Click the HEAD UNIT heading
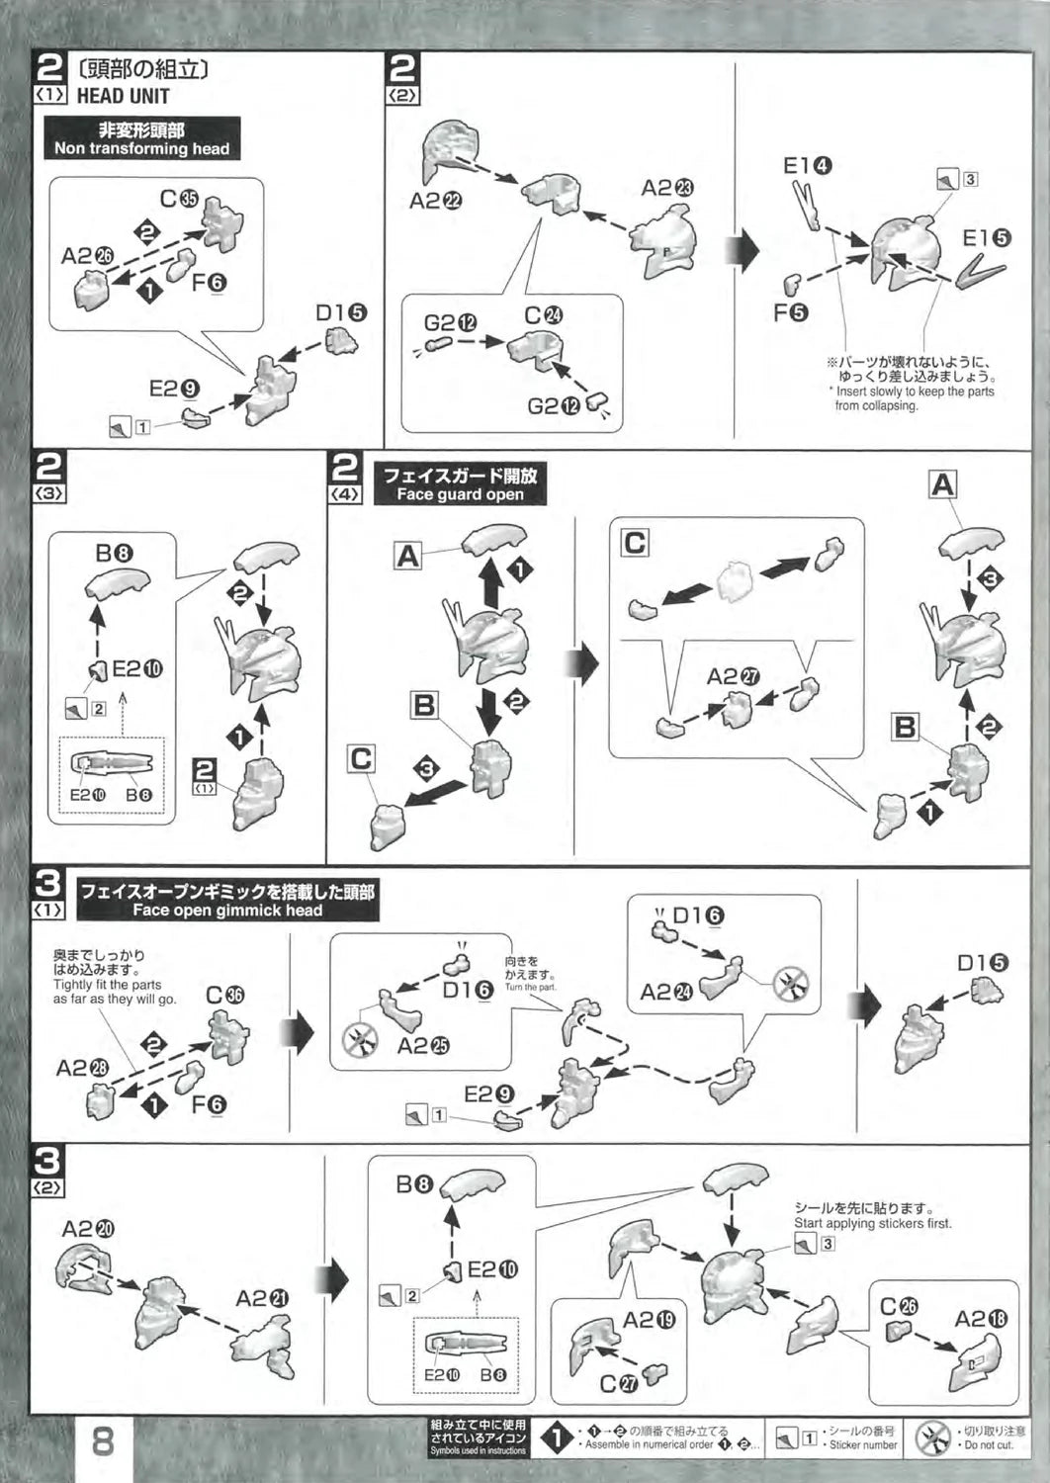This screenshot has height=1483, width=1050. click(123, 96)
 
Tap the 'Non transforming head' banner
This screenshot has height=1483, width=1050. click(141, 138)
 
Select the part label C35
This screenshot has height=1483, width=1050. click(179, 200)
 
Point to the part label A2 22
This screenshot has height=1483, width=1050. click(435, 201)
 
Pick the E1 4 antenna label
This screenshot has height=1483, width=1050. click(807, 165)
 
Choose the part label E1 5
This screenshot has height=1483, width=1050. click(986, 238)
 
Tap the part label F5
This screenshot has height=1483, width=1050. click(791, 313)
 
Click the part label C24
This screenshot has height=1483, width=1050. click(543, 315)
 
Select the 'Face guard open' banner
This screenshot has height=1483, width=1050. click(460, 484)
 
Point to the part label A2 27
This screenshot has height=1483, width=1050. click(733, 677)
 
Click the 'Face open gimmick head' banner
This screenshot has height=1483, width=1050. click(227, 901)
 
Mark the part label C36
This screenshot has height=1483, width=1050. click(224, 996)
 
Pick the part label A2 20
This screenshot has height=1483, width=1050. click(88, 1229)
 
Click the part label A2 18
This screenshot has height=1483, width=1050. click(981, 1318)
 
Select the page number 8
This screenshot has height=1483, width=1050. click(103, 1440)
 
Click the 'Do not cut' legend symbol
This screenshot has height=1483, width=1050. click(931, 1439)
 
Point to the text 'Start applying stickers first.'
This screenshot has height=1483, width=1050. click(872, 1223)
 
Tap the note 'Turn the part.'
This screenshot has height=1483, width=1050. click(531, 988)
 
